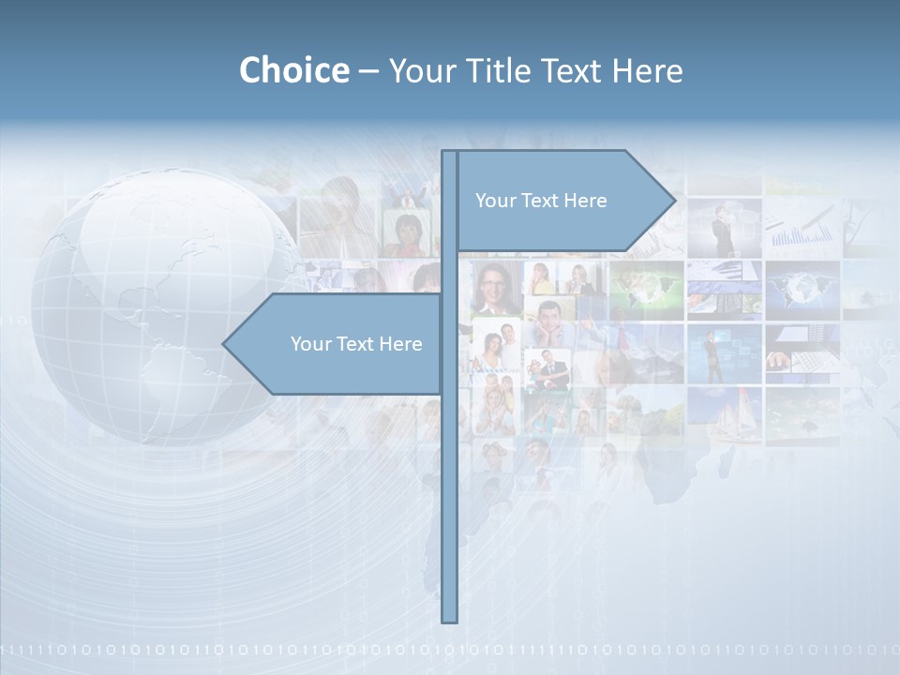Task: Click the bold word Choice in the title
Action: tap(293, 70)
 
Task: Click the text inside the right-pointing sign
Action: tap(541, 201)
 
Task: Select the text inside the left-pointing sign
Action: tap(356, 344)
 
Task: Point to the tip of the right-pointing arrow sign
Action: tap(674, 200)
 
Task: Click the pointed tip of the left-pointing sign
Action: tap(224, 344)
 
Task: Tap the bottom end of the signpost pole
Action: tap(449, 619)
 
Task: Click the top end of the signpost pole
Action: tap(449, 153)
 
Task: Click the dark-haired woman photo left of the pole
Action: tap(407, 234)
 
